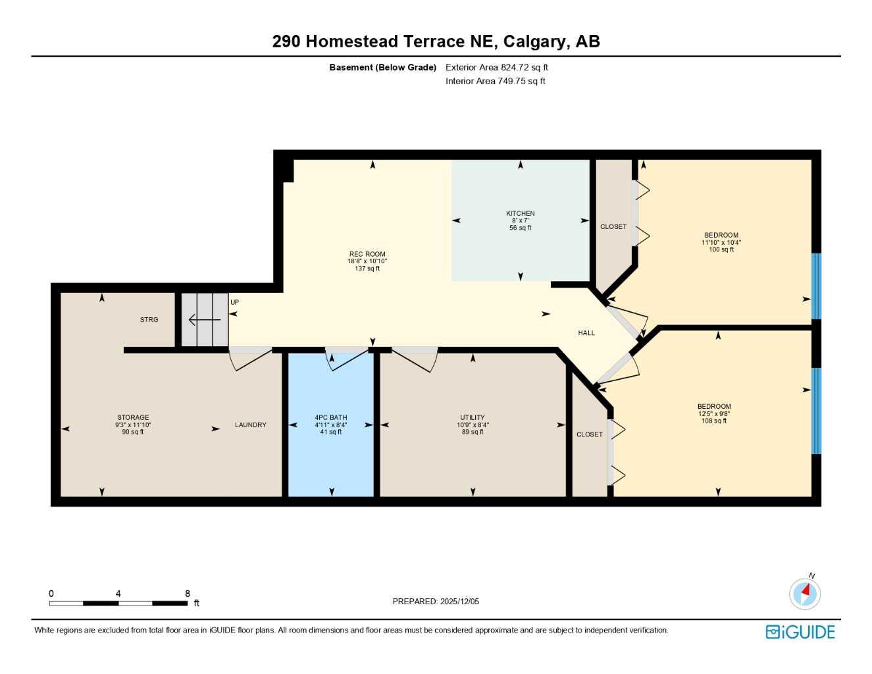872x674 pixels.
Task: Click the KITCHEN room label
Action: click(x=520, y=213)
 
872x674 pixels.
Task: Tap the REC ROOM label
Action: click(x=367, y=254)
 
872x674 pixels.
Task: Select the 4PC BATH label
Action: click(x=330, y=417)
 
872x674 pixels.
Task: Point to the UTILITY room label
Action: click(x=473, y=417)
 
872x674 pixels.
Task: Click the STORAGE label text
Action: click(x=133, y=417)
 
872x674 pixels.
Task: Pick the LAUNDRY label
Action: click(x=251, y=425)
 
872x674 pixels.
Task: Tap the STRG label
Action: click(x=149, y=320)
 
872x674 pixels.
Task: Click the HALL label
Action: click(x=586, y=333)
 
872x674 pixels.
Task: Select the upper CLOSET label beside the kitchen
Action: click(x=613, y=227)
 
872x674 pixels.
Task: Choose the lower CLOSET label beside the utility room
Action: click(x=590, y=434)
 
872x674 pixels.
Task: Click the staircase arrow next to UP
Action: click(x=205, y=321)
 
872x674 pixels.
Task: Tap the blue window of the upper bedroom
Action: click(x=817, y=286)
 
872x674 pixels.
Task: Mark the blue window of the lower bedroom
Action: click(x=817, y=411)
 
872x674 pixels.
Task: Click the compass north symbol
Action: click(x=805, y=593)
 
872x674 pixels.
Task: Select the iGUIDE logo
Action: click(x=800, y=633)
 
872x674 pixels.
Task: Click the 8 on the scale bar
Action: click(x=188, y=594)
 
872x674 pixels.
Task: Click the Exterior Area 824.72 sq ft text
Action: click(x=497, y=67)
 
